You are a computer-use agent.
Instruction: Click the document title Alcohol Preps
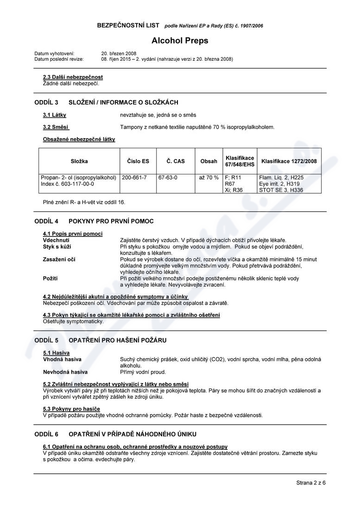click(180, 40)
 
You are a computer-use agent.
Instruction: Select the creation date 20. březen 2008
click(119, 54)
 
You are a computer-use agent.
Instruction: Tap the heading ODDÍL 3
click(46, 102)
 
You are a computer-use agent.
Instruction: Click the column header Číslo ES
click(138, 161)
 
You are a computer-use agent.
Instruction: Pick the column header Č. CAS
click(176, 161)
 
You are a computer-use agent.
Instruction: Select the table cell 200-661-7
click(134, 178)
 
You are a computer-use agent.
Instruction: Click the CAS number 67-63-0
click(168, 178)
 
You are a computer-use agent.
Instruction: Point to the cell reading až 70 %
click(208, 178)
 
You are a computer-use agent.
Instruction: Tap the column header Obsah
click(208, 161)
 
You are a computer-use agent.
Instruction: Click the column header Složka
click(79, 161)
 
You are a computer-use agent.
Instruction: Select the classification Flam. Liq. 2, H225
click(281, 178)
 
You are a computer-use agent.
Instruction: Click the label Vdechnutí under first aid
click(56, 240)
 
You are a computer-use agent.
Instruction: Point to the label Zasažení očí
click(59, 259)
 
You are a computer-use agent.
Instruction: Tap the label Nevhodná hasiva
click(65, 372)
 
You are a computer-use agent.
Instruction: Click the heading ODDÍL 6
click(46, 434)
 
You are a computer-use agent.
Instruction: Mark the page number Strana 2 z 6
click(311, 483)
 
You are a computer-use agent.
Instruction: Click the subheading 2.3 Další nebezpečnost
click(73, 77)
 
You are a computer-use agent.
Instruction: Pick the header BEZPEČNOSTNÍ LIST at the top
click(128, 25)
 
